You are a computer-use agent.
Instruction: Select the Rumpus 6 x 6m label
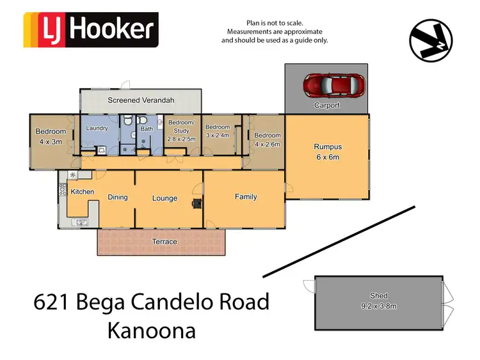327,152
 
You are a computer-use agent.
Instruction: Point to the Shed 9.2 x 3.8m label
378,300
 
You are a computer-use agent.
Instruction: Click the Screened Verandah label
141,100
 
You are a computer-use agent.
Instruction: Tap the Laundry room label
97,129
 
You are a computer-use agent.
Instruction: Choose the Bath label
147,129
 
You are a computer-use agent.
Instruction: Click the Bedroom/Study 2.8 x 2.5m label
181,130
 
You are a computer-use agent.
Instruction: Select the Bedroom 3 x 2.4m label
218,131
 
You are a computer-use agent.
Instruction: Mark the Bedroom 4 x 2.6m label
267,139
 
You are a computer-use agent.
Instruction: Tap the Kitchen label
83,192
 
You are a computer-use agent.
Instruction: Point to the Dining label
118,198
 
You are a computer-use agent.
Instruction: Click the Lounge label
164,198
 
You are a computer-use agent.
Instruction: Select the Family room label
246,197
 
